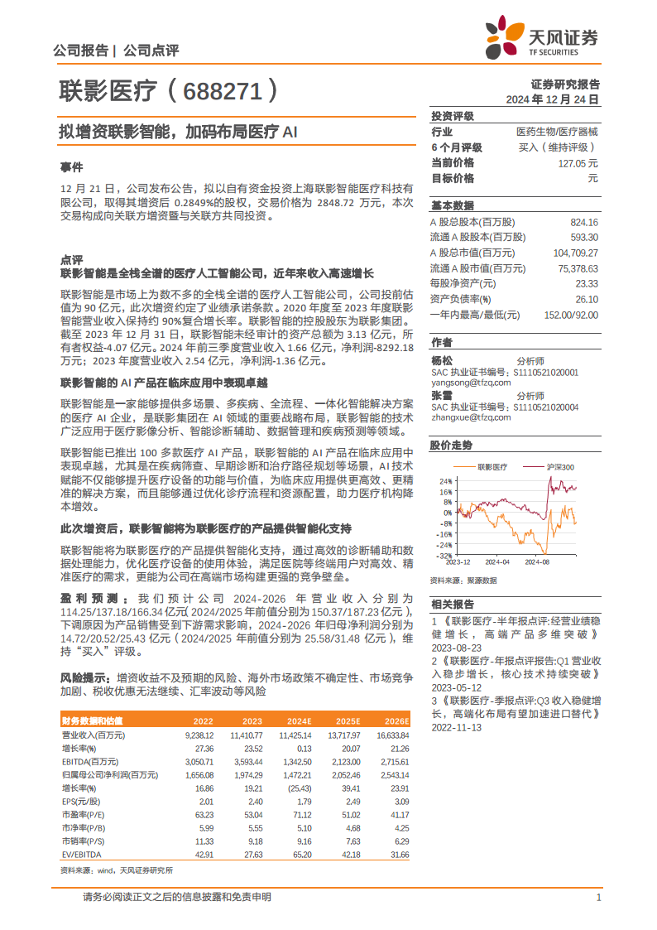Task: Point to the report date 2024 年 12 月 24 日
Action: [553, 99]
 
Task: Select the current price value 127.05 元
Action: [578, 163]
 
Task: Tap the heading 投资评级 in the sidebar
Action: [453, 116]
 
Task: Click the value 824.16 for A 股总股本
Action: [584, 223]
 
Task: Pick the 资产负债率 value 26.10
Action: [586, 299]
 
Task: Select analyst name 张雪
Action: [442, 396]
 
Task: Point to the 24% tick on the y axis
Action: [445, 481]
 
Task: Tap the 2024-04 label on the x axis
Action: [497, 561]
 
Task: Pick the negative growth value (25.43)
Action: [300, 788]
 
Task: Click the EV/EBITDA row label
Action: [81, 854]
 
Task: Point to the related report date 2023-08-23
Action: [455, 646]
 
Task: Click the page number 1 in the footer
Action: [597, 898]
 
